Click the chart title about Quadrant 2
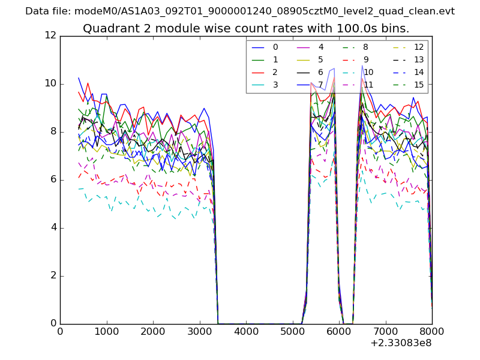pyautogui.click(x=246, y=29)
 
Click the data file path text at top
pyautogui.click(x=240, y=11)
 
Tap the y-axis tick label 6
pyautogui.click(x=52, y=179)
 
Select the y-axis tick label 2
pyautogui.click(x=52, y=275)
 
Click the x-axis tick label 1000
pyautogui.click(x=106, y=331)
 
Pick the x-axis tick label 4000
pyautogui.click(x=246, y=331)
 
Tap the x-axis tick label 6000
pyautogui.click(x=339, y=331)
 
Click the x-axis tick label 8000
pyautogui.click(x=432, y=331)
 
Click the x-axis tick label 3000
pyautogui.click(x=199, y=331)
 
